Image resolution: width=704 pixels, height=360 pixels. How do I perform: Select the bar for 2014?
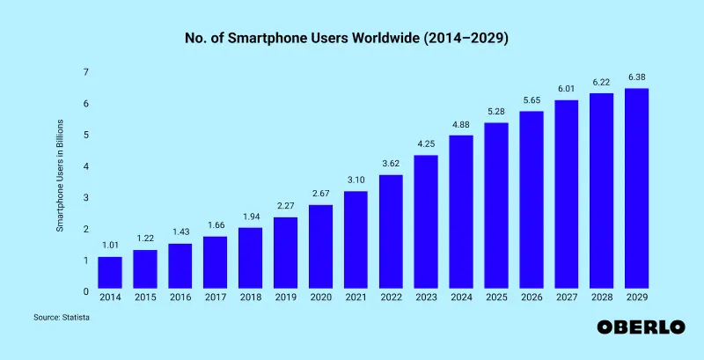pyautogui.click(x=110, y=274)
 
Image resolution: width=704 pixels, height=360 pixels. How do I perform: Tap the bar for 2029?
pyautogui.click(x=636, y=189)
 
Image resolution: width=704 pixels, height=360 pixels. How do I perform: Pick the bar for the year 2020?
pyautogui.click(x=320, y=247)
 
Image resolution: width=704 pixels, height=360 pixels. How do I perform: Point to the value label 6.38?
pyautogui.click(x=636, y=77)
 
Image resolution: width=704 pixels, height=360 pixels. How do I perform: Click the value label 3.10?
pyautogui.click(x=356, y=180)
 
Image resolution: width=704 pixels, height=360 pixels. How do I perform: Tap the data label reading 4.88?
pyautogui.click(x=461, y=124)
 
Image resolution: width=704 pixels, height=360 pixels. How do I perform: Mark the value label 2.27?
pyautogui.click(x=285, y=207)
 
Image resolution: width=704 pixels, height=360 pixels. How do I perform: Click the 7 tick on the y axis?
pyautogui.click(x=85, y=72)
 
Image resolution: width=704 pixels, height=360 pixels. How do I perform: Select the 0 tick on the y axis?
pyautogui.click(x=85, y=291)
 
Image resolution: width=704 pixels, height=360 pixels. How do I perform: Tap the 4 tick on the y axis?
pyautogui.click(x=85, y=166)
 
